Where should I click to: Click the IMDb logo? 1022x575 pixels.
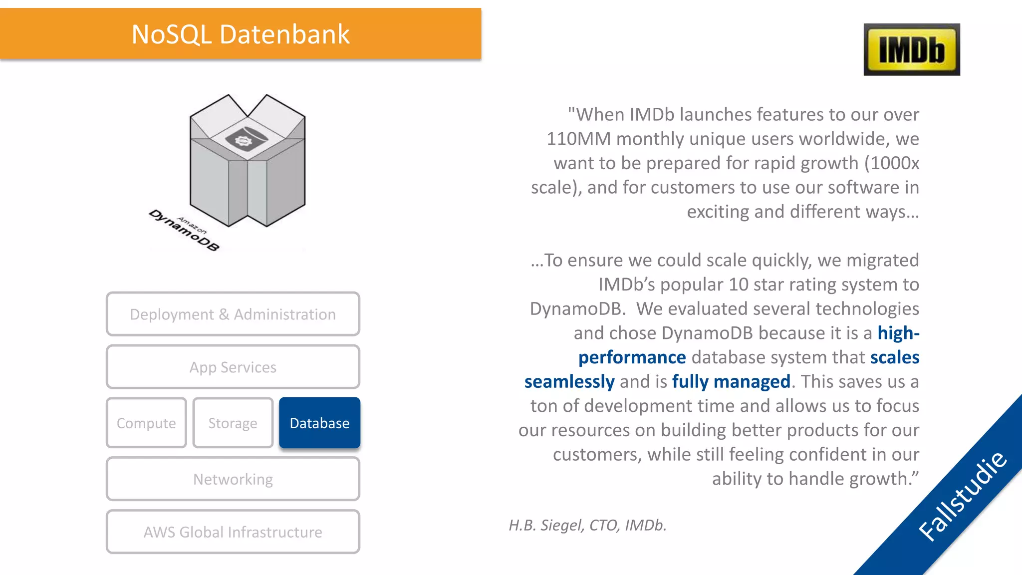click(911, 49)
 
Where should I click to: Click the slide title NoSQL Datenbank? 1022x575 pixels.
click(241, 34)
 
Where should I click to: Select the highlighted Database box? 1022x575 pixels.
click(319, 423)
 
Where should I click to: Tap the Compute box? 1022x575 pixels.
click(146, 423)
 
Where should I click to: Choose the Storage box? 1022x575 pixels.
click(233, 423)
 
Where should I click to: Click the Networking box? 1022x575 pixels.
click(233, 479)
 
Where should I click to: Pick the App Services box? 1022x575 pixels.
click(233, 367)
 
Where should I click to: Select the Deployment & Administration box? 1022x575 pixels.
click(233, 314)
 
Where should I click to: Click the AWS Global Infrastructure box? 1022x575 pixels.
click(233, 532)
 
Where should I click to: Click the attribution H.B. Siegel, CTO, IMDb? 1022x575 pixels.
click(587, 525)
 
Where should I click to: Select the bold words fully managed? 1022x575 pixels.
click(731, 381)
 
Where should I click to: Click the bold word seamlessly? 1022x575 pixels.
click(569, 381)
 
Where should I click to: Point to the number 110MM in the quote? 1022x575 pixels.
click(578, 139)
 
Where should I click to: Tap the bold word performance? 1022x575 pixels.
click(632, 357)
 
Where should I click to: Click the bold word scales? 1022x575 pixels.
click(894, 357)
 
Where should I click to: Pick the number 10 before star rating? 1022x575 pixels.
click(738, 285)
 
